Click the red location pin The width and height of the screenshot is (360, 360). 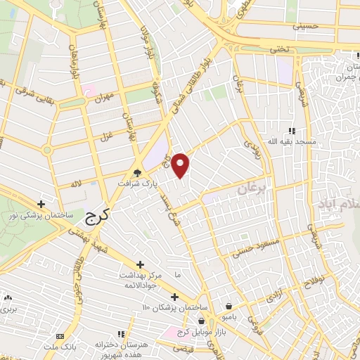[181, 164]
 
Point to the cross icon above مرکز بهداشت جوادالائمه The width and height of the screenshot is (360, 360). [141, 264]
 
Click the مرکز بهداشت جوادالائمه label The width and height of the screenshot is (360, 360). [139, 281]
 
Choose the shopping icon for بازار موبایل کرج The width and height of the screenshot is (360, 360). [201, 321]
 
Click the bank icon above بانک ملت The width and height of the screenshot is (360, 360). [59, 336]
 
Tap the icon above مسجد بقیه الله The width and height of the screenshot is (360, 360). [291, 131]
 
